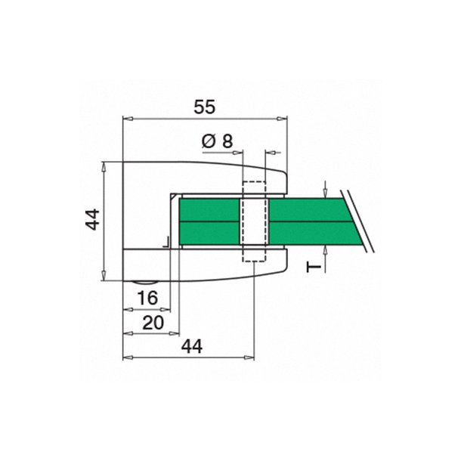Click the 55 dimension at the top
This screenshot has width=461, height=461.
click(204, 107)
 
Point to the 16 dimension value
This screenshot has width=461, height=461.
click(148, 299)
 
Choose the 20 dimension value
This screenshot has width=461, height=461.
click(152, 323)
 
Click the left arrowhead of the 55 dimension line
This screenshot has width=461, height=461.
click(127, 118)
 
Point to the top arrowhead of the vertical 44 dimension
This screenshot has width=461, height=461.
click(104, 166)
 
